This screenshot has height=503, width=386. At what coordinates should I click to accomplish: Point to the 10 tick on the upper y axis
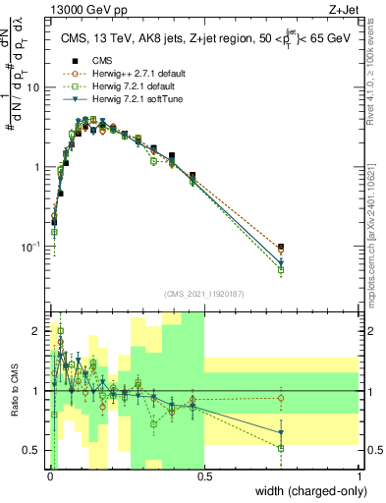(x=36, y=87)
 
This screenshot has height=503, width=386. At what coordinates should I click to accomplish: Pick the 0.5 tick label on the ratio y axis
(x=35, y=450)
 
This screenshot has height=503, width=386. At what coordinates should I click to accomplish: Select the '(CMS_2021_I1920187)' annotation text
(x=204, y=294)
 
